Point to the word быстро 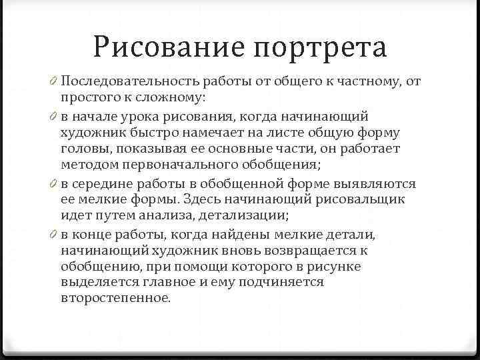tap(149, 133)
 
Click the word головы tap(81, 149)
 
